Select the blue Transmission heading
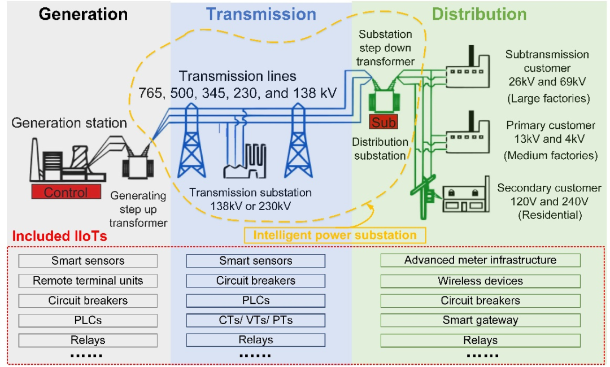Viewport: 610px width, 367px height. (x=261, y=14)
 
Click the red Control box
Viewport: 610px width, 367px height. (x=66, y=192)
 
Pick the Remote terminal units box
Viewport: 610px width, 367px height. (x=88, y=281)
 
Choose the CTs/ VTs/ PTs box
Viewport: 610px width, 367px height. (x=255, y=320)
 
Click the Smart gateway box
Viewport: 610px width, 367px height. (x=480, y=320)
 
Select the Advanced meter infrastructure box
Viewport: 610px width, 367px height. (x=480, y=260)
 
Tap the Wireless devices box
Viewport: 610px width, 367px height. (x=480, y=281)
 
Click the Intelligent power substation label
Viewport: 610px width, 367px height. (x=335, y=235)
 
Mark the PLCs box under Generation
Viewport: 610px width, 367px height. (x=88, y=320)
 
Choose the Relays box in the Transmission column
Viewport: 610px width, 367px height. (x=255, y=340)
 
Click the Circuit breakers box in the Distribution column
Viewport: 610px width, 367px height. (x=480, y=300)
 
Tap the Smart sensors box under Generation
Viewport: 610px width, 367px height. (x=88, y=261)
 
